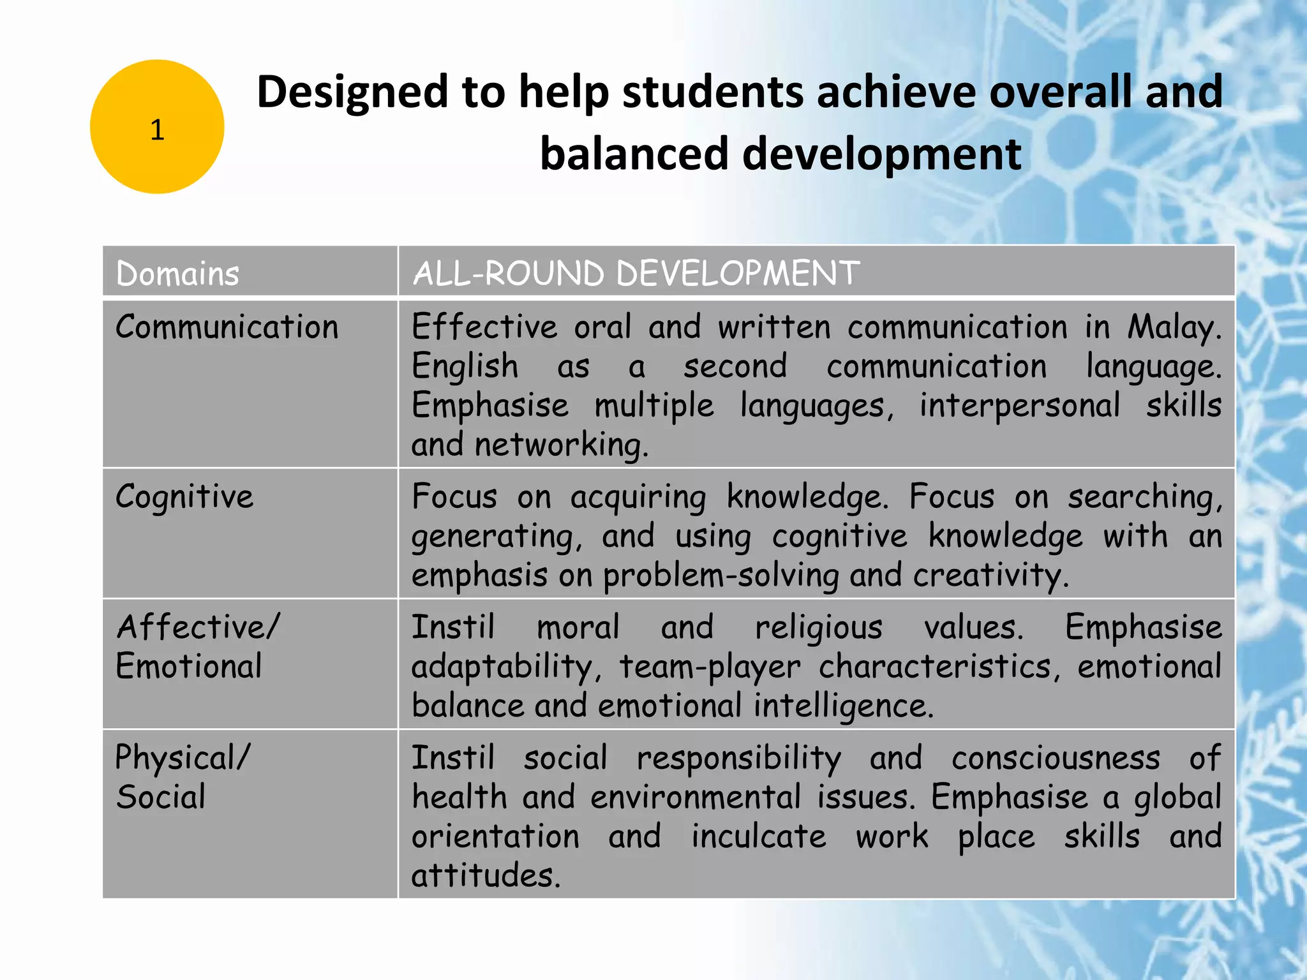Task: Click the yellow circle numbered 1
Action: click(x=157, y=127)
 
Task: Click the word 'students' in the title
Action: click(x=713, y=92)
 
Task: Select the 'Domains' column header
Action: click(x=177, y=274)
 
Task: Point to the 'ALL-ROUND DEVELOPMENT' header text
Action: click(x=636, y=274)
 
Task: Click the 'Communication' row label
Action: click(x=227, y=327)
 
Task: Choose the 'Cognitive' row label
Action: click(x=184, y=497)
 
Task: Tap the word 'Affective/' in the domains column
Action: click(x=198, y=627)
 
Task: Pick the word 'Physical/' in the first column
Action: click(x=183, y=758)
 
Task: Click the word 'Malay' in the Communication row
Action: click(x=1173, y=327)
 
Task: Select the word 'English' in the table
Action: click(x=465, y=367)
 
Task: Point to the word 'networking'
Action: click(x=560, y=445)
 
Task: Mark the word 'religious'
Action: click(x=819, y=627)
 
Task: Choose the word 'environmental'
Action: click(x=696, y=798)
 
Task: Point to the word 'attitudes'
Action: click(x=485, y=875)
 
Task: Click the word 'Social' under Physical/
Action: click(x=161, y=798)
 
